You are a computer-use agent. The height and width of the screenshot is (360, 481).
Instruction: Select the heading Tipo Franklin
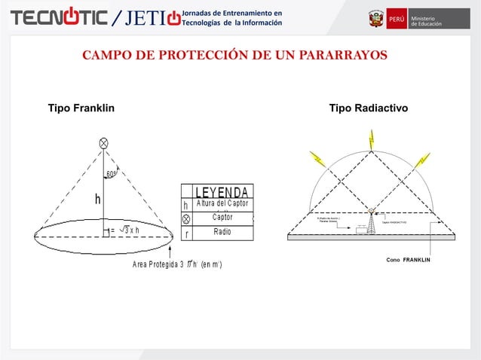point(81,109)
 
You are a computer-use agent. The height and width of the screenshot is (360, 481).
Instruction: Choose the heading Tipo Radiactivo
point(369,109)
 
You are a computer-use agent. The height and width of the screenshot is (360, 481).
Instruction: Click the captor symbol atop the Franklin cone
point(103,143)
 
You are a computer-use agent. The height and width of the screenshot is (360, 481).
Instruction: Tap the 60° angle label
point(111,174)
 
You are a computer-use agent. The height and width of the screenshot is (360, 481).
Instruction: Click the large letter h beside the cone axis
point(98,200)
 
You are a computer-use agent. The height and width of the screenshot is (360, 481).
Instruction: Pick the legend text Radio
point(222,232)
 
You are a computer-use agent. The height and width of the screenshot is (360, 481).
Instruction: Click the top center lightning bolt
point(371,139)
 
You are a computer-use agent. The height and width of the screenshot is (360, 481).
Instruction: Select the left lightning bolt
point(316,159)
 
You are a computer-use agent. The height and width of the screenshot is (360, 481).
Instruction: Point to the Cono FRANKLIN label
point(408,260)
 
